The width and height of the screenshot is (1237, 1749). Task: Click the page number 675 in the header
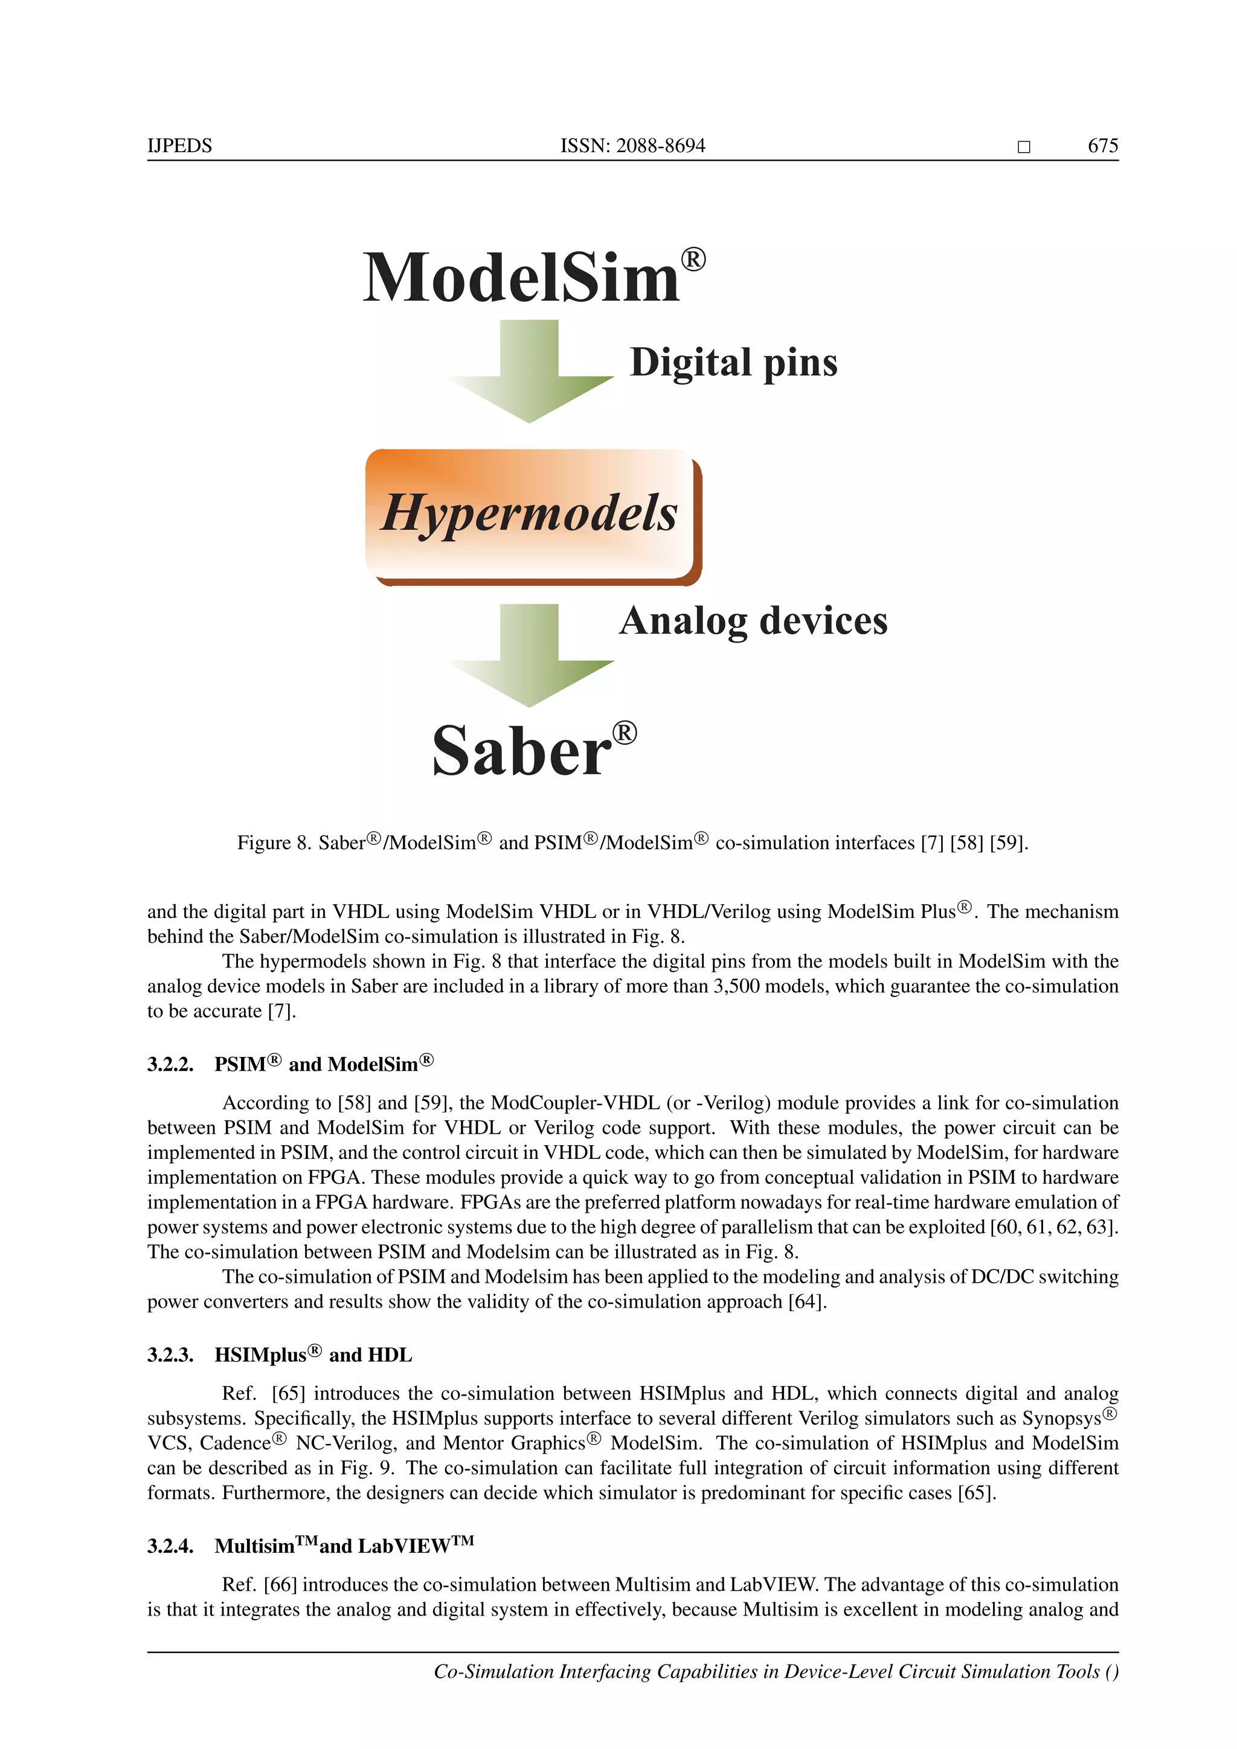pos(1102,146)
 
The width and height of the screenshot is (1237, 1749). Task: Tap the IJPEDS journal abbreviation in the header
pos(180,146)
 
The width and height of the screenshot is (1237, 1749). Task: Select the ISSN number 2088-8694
pos(660,146)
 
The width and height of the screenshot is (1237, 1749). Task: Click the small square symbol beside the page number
pos(1024,147)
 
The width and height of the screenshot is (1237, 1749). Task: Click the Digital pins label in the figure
pos(733,362)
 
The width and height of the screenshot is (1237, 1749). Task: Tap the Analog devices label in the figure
pos(753,621)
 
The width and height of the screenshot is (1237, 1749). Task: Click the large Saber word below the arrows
pos(522,752)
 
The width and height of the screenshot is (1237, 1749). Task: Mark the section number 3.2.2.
pos(170,1064)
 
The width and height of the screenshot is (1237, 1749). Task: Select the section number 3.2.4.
pos(170,1545)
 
